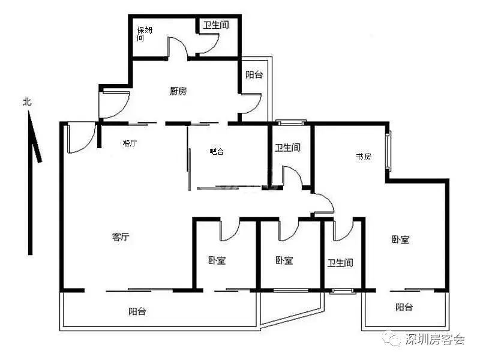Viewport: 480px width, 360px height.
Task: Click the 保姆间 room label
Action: [x=145, y=34]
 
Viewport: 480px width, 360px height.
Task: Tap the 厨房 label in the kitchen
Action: [x=178, y=91]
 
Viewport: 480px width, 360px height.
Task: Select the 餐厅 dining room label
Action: [x=130, y=143]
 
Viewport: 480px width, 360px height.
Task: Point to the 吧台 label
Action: [x=217, y=151]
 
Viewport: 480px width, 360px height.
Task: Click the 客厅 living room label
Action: [x=121, y=236]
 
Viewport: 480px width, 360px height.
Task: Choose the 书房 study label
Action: [x=364, y=157]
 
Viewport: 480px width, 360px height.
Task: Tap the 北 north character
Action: [x=27, y=101]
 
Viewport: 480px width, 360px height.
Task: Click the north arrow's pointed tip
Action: [x=29, y=111]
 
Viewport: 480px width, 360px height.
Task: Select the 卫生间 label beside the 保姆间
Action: [x=216, y=25]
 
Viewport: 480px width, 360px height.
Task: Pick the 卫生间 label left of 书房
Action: [x=288, y=148]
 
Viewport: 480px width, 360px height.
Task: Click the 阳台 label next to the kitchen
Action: [x=254, y=74]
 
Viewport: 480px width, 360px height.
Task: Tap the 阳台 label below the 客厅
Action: [x=137, y=311]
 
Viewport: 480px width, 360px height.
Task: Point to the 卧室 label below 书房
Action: [x=400, y=239]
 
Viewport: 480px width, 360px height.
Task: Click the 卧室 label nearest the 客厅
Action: [x=217, y=260]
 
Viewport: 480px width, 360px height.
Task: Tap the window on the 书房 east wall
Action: [x=388, y=151]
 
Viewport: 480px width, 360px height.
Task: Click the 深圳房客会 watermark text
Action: [x=435, y=339]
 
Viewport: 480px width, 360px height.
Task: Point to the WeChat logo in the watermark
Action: [x=393, y=338]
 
